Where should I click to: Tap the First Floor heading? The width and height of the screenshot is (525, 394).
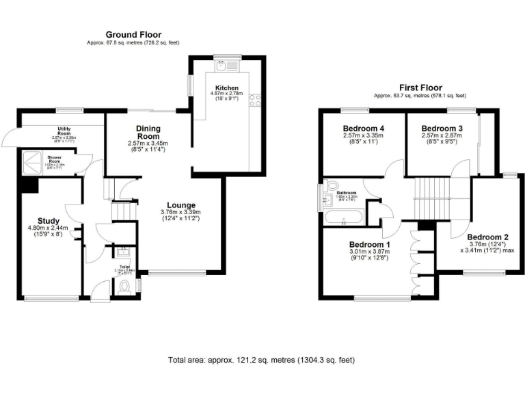tap(420, 88)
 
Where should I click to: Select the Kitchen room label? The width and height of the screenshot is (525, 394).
tap(226, 89)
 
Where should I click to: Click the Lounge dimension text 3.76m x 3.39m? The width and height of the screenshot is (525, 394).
tap(180, 212)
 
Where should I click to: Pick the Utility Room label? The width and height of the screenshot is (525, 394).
tap(70, 131)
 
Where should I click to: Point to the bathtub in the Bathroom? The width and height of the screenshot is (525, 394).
tap(343, 219)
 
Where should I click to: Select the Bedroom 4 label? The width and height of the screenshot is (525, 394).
tap(362, 128)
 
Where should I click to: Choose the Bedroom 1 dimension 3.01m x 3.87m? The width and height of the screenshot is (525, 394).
tap(369, 252)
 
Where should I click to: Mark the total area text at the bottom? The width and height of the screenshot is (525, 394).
tap(262, 360)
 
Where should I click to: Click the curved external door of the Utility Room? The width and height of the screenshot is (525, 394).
tap(9, 137)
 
